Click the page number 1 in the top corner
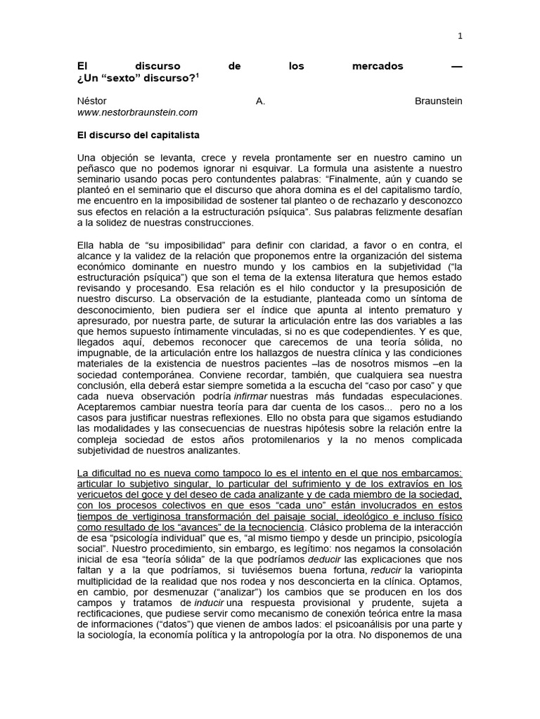461,36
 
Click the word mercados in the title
378,66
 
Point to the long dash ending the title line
457,66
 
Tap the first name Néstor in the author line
92,101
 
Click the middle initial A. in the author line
260,101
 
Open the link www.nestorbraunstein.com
137,112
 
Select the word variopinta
438,570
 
